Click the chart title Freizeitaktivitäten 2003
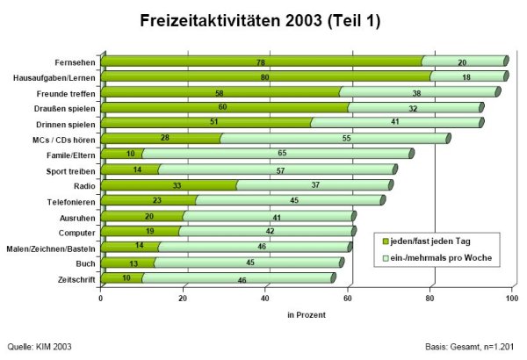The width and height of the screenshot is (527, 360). click(260, 21)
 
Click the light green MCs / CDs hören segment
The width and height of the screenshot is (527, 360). click(347, 139)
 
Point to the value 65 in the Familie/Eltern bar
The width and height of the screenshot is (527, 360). click(280, 154)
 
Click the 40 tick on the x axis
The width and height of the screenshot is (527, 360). click(265, 299)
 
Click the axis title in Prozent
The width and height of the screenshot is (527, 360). click(307, 313)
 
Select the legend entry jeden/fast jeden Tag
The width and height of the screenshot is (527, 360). click(430, 241)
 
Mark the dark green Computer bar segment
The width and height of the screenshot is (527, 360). click(141, 232)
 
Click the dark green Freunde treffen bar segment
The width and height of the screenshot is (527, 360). click(220, 92)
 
